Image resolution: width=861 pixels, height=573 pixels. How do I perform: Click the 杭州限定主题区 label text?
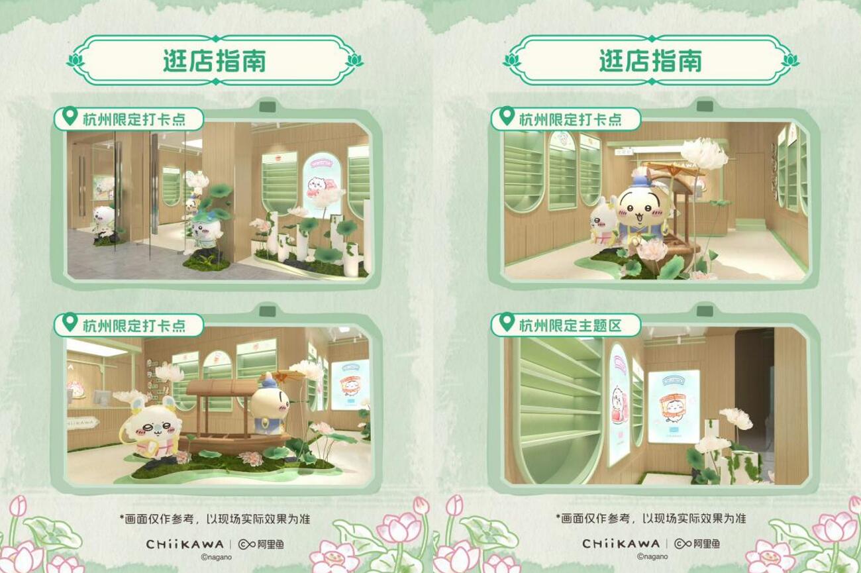570,326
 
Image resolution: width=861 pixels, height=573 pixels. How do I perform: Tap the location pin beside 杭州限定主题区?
507,322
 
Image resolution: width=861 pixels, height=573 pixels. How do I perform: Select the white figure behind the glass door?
103,221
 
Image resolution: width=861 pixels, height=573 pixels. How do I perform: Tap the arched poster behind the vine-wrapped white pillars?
322,185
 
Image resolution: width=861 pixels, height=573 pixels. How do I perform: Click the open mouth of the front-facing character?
638,218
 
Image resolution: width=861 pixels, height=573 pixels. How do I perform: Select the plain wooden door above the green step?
750,187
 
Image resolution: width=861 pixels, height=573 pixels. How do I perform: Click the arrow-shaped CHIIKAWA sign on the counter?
81,422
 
